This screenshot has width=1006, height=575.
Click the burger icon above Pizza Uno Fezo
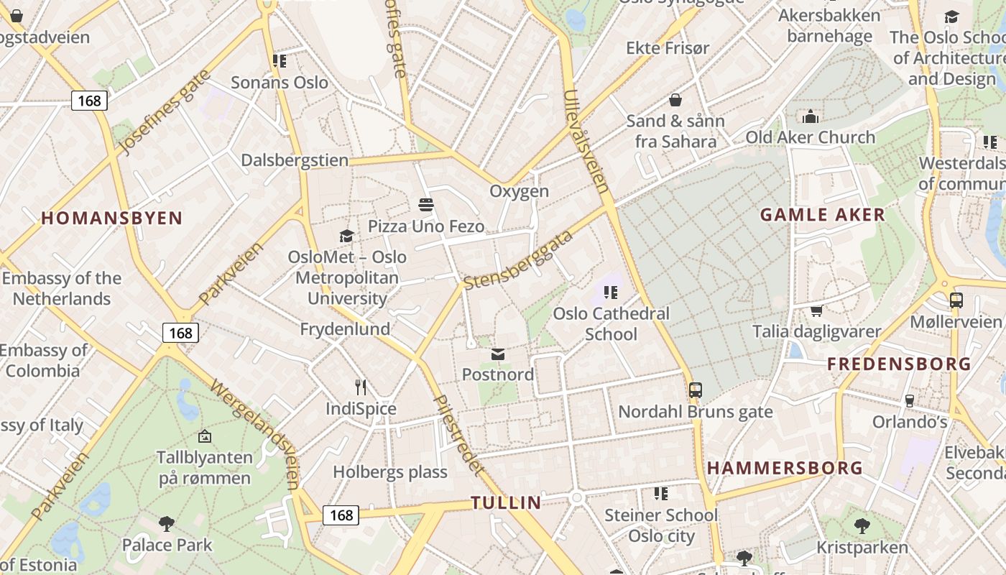click(425, 205)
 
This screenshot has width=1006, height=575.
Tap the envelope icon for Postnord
click(498, 354)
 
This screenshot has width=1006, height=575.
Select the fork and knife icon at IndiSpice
click(361, 387)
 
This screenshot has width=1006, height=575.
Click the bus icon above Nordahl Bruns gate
click(695, 390)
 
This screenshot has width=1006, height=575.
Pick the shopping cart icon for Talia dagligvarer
click(816, 310)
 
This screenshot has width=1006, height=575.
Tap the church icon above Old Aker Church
click(811, 116)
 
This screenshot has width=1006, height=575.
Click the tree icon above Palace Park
click(167, 523)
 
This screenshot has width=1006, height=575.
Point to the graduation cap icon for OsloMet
click(347, 236)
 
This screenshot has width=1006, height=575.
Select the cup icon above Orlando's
click(910, 400)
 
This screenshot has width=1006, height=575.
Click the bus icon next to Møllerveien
click(956, 300)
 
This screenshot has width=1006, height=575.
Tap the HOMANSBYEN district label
click(111, 218)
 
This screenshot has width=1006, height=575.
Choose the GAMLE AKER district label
click(823, 214)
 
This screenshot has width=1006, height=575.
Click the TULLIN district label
click(506, 502)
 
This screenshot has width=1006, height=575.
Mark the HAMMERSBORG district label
click(785, 468)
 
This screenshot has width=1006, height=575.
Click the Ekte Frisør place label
click(668, 48)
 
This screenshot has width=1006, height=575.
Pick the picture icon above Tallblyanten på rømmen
click(205, 436)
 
